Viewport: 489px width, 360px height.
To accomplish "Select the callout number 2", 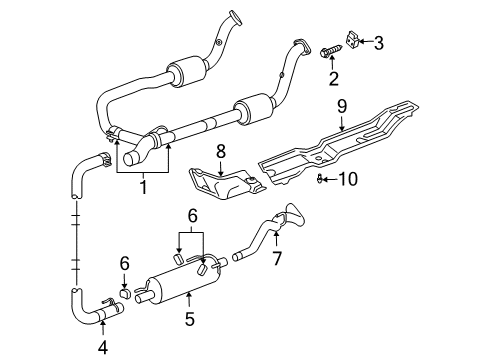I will point(332,78).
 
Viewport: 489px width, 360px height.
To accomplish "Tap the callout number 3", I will point(379,42).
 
